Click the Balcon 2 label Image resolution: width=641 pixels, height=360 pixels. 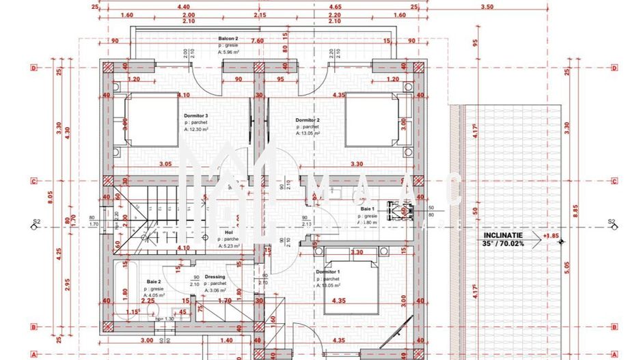228,38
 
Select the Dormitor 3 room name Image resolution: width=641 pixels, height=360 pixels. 196,116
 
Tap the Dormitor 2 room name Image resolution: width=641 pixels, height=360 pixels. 308,120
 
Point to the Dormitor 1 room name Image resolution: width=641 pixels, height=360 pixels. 327,271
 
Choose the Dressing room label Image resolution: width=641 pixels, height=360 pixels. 215,277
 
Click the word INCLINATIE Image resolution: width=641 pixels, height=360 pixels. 504,235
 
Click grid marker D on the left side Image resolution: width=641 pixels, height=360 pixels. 33,68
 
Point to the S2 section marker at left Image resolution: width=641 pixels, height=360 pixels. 36,222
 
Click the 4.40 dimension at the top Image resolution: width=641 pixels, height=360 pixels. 183,6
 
